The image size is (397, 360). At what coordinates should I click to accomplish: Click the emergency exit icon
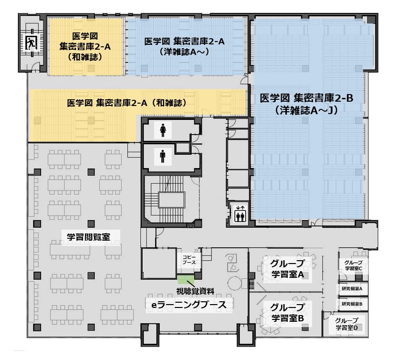click(x=31, y=42)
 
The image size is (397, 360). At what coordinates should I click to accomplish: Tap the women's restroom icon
click(x=163, y=130)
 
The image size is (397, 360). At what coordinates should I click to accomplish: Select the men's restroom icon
click(x=163, y=157)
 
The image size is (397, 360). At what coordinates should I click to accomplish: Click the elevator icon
click(x=240, y=214)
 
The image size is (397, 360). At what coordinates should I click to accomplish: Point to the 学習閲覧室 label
click(x=89, y=237)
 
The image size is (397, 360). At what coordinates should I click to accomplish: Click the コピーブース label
click(x=189, y=260)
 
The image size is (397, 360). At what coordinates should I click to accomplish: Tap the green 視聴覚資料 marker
click(x=186, y=279)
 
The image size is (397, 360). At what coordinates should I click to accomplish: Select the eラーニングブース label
click(x=189, y=305)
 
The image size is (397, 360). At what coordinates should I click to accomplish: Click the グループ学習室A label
click(x=287, y=269)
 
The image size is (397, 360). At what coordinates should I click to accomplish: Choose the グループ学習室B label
click(x=287, y=312)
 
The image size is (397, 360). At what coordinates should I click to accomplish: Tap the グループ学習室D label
click(x=346, y=324)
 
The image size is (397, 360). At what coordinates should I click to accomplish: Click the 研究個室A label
click(x=352, y=288)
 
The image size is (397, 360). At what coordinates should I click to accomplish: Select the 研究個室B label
click(x=352, y=304)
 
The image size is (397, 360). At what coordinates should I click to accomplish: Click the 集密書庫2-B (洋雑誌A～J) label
click(x=306, y=104)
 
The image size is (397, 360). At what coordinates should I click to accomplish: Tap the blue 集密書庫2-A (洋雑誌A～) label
click(x=184, y=47)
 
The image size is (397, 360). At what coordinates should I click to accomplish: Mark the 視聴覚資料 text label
click(x=195, y=291)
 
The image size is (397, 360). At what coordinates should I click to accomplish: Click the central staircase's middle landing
click(x=172, y=200)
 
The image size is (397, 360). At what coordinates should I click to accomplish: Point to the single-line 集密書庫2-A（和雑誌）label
click(x=127, y=103)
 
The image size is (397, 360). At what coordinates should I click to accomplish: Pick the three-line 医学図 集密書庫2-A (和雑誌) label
click(x=85, y=47)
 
